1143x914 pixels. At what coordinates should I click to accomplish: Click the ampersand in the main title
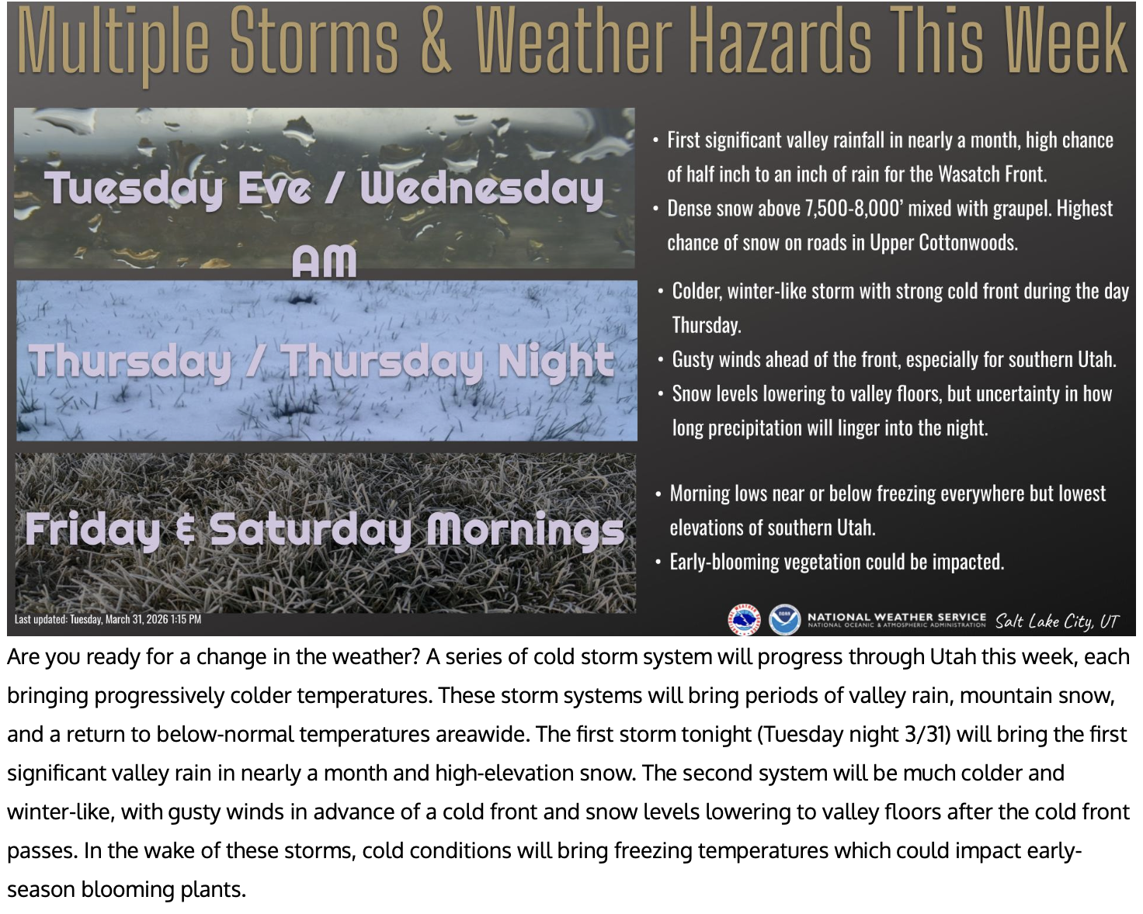pos(436,41)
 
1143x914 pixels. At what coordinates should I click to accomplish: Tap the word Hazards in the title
pos(782,41)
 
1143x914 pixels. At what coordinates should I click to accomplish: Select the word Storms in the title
pos(314,41)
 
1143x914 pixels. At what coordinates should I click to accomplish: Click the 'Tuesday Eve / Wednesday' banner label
pos(324,189)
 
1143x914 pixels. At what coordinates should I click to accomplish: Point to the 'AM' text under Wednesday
pos(324,261)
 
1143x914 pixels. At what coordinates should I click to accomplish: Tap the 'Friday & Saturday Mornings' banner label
pos(325,530)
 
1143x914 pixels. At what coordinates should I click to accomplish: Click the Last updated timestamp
pos(108,619)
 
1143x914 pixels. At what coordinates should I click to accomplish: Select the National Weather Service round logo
pos(744,619)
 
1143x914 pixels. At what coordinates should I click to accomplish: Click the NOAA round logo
pos(784,619)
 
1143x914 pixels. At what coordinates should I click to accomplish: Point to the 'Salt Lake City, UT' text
pos(1057,621)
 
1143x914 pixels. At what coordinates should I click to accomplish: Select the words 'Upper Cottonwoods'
pos(943,243)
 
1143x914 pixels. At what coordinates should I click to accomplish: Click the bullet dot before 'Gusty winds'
pos(660,360)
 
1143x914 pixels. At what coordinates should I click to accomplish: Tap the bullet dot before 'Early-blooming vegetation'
pos(658,562)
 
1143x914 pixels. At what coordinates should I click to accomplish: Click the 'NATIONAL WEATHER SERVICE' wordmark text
pos(897,617)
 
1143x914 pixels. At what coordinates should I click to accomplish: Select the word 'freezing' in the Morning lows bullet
pos(906,494)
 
